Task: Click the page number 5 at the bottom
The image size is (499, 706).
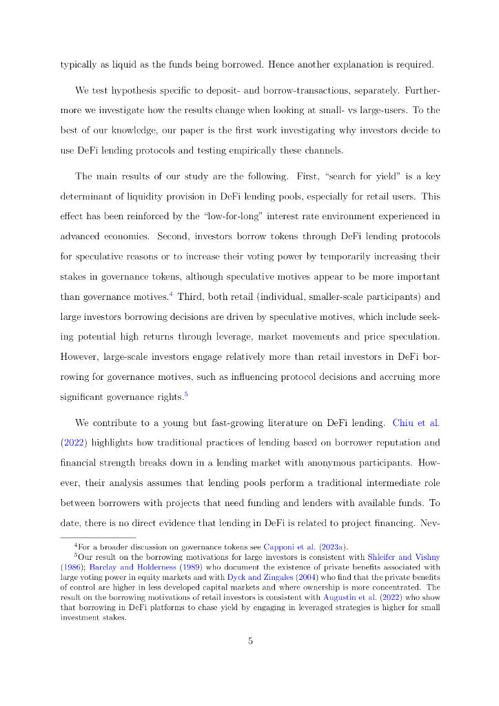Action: tap(250, 641)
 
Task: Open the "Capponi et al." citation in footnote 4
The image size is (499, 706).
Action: tap(287, 549)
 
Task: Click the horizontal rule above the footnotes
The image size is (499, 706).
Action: tap(99, 538)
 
